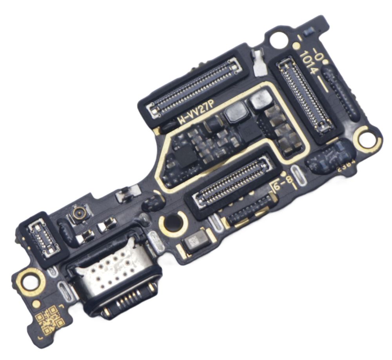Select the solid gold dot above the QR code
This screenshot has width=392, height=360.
[36, 303]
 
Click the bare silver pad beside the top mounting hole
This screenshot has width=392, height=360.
[259, 63]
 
